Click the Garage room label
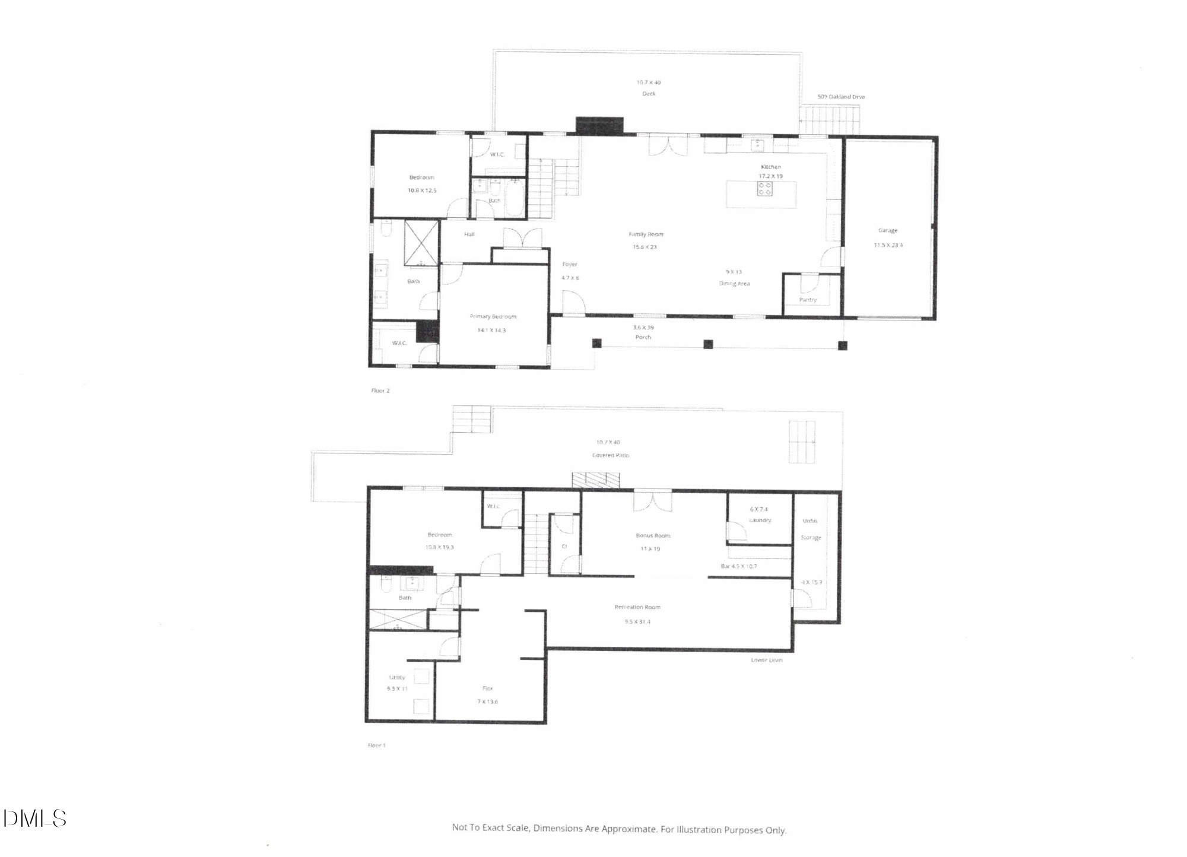[x=888, y=230]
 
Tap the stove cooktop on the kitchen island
[x=764, y=189]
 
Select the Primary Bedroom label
[x=493, y=316]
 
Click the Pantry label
[x=808, y=300]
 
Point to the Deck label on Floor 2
[x=649, y=94]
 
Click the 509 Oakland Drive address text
[x=841, y=97]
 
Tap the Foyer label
[x=570, y=264]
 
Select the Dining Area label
[x=735, y=284]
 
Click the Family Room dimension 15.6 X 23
[x=645, y=247]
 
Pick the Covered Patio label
[x=611, y=455]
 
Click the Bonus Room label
[x=653, y=535]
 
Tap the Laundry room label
[x=760, y=520]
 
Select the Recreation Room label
[x=637, y=607]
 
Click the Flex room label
[x=487, y=688]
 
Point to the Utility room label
[x=397, y=677]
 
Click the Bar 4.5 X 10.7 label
[x=738, y=566]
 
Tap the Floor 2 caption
[x=380, y=391]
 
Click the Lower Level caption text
[x=767, y=660]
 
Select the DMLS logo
[x=34, y=819]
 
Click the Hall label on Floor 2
[x=469, y=234]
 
